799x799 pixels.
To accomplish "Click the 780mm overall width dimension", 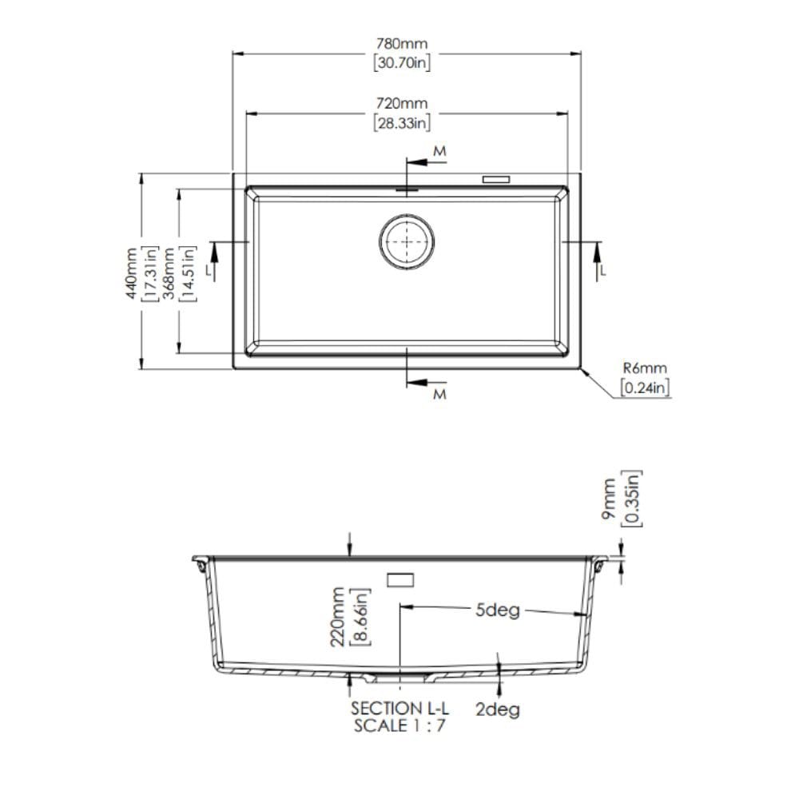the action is [402, 43].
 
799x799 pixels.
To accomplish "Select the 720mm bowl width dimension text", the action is [402, 103].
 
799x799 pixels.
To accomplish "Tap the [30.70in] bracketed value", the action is [402, 62].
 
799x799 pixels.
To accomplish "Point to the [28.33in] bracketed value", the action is [402, 123].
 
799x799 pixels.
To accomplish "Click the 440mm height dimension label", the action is [132, 273].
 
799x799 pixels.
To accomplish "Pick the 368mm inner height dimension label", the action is [169, 273].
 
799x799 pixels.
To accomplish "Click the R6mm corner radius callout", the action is [645, 368].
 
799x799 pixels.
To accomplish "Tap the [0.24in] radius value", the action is [645, 388].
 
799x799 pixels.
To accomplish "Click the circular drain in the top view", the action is [407, 241].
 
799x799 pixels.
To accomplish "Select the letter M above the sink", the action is [439, 151].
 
